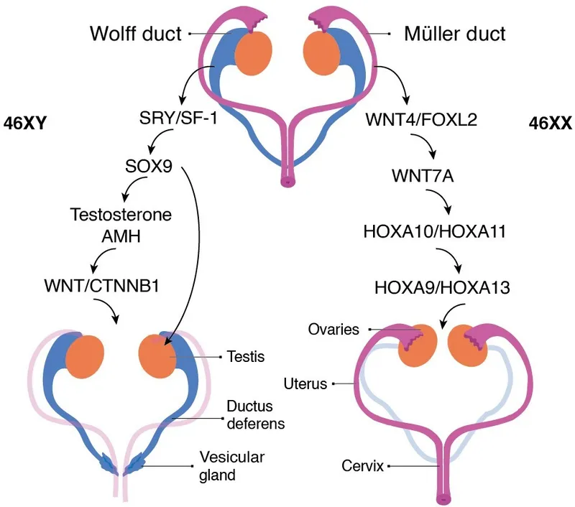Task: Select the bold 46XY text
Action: click(25, 123)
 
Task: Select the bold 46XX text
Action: click(550, 123)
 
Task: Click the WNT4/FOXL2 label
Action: click(411, 116)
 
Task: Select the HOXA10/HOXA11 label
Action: click(425, 231)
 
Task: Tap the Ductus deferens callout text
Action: click(255, 414)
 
